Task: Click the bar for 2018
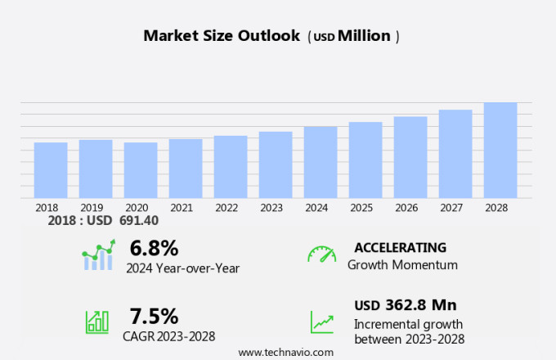(x=51, y=170)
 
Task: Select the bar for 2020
(x=141, y=170)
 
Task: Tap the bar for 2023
(x=276, y=164)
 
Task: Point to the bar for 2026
(x=410, y=157)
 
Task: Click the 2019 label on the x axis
(x=92, y=208)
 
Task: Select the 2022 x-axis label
(x=226, y=208)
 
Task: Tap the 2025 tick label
(x=361, y=208)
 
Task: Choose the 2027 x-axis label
(x=451, y=208)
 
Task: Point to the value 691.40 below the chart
(x=139, y=221)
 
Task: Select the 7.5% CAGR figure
(x=154, y=316)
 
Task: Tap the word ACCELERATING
(x=400, y=247)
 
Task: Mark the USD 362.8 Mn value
(x=405, y=305)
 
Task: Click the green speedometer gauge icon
(x=321, y=254)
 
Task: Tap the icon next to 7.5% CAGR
(x=97, y=321)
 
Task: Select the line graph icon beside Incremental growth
(x=321, y=322)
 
